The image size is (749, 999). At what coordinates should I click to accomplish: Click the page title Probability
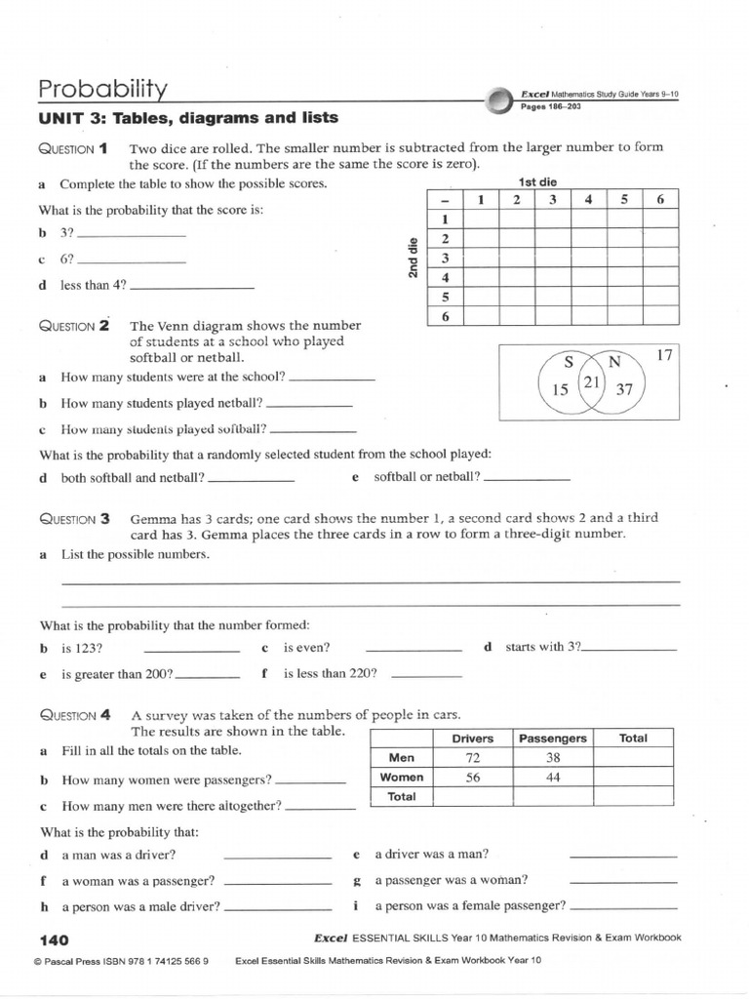(102, 90)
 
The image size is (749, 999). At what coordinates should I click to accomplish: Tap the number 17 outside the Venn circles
(665, 355)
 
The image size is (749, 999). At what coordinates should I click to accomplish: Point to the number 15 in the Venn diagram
(560, 390)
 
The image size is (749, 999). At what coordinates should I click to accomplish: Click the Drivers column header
(473, 739)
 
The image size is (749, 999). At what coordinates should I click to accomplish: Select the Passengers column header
(553, 739)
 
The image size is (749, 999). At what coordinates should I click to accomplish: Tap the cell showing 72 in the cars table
(473, 758)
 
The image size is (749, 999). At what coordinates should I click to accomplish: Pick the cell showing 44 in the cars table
(553, 778)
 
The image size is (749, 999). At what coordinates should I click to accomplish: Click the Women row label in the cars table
(402, 778)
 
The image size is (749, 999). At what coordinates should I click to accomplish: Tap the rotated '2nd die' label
(413, 258)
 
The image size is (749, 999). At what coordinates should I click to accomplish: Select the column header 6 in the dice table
(660, 200)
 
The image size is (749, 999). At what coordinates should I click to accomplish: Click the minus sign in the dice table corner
(444, 200)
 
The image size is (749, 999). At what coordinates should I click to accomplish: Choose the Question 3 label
(80, 519)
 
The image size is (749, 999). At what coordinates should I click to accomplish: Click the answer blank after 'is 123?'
(191, 650)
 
